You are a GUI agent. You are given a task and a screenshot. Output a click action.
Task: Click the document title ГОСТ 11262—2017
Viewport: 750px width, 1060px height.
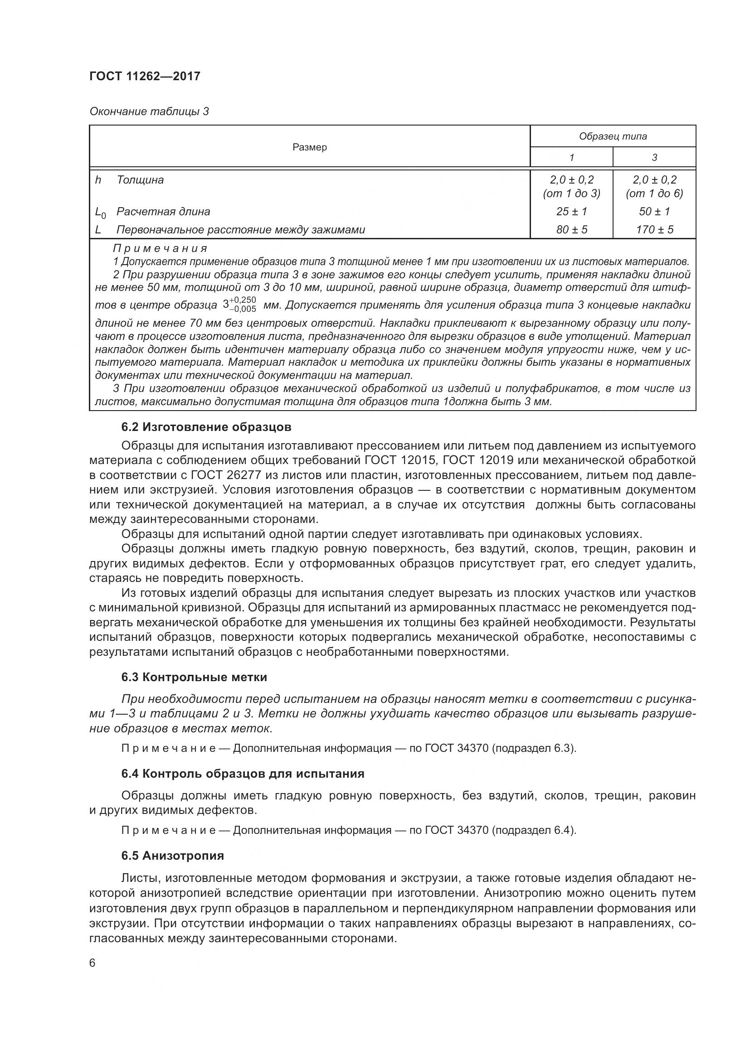tap(145, 76)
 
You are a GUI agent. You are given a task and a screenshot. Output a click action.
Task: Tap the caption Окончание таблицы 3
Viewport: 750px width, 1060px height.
tap(149, 111)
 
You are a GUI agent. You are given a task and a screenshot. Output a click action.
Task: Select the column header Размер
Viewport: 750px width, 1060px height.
tap(309, 147)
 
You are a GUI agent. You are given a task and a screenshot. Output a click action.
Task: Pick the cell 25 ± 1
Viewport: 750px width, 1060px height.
tap(571, 212)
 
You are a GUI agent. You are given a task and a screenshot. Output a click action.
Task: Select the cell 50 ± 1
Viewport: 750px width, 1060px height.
tap(654, 212)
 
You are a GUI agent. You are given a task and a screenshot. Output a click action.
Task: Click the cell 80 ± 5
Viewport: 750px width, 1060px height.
tap(571, 229)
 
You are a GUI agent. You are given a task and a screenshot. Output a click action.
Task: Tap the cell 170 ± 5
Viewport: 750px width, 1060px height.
tap(654, 229)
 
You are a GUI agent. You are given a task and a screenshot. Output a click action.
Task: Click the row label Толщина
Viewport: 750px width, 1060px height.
tap(140, 180)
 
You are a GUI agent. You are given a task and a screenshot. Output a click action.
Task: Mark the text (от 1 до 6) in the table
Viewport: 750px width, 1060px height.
tap(654, 194)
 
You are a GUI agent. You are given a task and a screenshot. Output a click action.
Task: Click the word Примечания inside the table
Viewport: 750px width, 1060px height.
tap(160, 249)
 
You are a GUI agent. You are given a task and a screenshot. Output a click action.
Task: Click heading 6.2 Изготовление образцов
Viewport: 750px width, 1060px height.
tap(206, 427)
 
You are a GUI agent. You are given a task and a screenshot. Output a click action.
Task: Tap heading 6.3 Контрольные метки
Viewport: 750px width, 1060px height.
tap(194, 677)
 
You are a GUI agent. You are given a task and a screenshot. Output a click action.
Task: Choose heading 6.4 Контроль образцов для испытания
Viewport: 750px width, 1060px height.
tap(243, 774)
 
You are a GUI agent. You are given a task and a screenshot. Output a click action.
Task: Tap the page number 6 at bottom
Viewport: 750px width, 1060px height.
tap(93, 963)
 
